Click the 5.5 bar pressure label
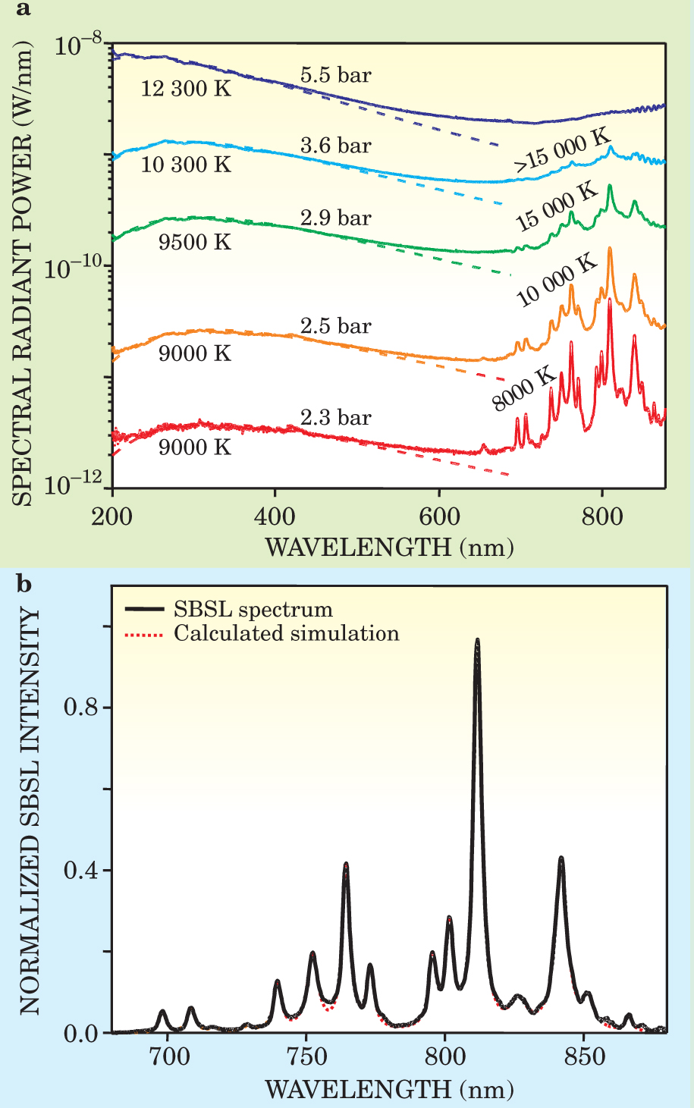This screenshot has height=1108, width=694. point(335,75)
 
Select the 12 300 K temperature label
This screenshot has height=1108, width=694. point(186,89)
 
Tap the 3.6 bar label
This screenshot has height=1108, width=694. point(335,145)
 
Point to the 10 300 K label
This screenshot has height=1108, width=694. point(186,164)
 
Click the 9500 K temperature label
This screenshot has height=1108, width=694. point(194,242)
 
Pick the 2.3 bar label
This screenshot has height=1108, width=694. point(335,418)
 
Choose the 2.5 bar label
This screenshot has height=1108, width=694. point(335,326)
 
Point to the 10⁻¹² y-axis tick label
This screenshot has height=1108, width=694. point(76,485)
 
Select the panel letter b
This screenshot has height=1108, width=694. point(24,584)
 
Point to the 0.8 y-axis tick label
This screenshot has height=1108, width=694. point(81,707)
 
